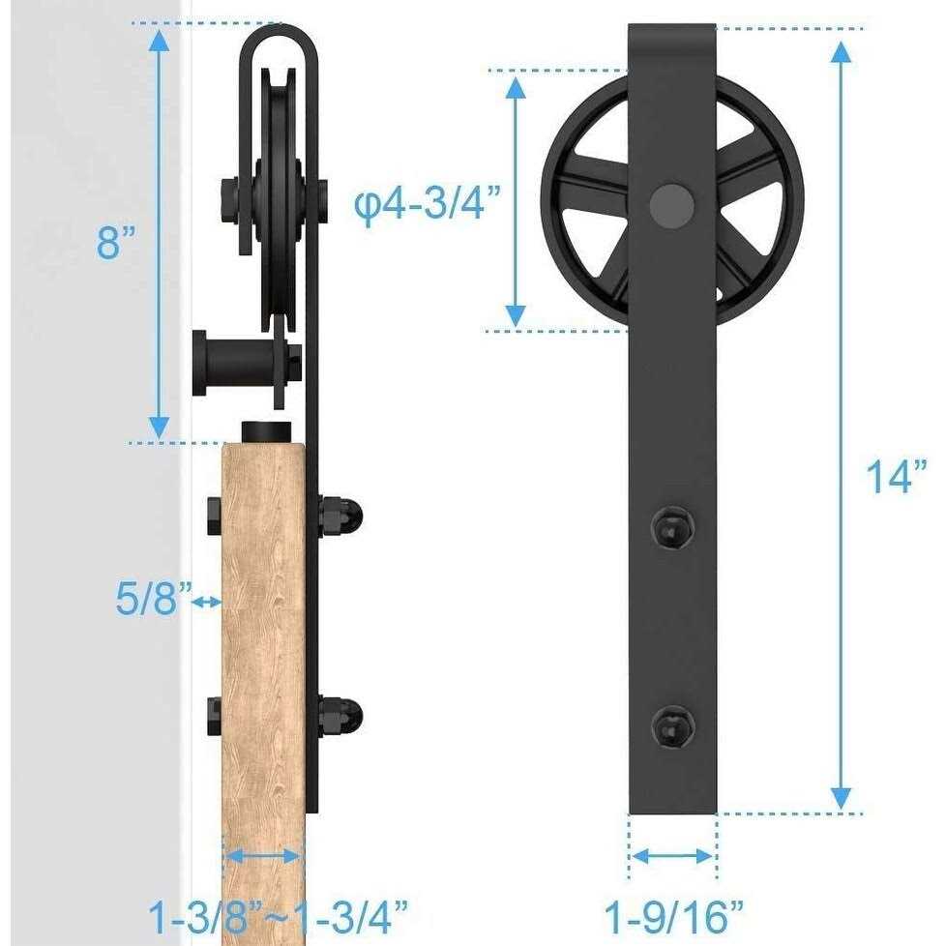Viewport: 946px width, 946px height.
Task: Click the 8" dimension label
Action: coord(120,242)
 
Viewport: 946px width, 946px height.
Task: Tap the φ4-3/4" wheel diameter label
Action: coord(428,205)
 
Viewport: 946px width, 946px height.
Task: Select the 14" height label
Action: coord(896,477)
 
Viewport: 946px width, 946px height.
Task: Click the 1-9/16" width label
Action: coord(674,914)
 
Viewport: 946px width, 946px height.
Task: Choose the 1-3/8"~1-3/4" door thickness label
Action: coord(278,914)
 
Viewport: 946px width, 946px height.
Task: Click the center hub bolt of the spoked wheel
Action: coord(671,203)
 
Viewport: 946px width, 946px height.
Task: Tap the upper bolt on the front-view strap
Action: coord(671,527)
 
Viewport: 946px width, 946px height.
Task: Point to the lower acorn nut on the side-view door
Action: coord(340,713)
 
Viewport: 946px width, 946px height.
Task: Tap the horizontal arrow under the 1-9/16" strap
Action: coord(673,855)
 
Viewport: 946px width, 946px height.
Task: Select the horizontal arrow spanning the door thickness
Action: coord(263,855)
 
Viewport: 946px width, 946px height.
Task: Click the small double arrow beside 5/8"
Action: coord(206,602)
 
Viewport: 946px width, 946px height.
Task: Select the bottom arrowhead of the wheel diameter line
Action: coord(517,313)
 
